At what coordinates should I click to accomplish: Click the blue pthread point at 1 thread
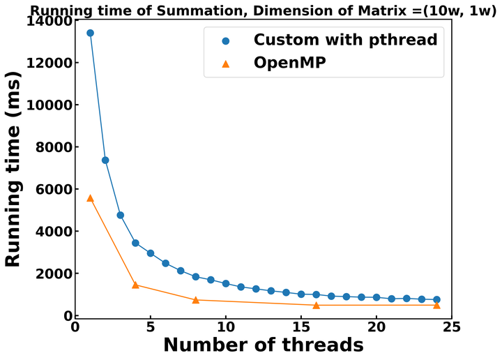click(90, 33)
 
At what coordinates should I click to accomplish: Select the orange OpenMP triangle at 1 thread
click(90, 198)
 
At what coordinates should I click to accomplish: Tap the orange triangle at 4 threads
click(135, 285)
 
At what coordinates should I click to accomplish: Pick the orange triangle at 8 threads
click(196, 300)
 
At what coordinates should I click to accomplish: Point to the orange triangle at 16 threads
click(317, 305)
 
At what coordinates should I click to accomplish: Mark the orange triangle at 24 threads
click(437, 305)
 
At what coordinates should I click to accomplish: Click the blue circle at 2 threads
click(105, 160)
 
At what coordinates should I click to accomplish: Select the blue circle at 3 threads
click(121, 215)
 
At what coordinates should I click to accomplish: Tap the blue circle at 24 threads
click(437, 299)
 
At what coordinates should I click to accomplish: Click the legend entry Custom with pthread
click(345, 40)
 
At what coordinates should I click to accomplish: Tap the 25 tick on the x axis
click(452, 327)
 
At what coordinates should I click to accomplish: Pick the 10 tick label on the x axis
click(225, 327)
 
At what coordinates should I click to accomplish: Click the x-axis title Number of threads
click(263, 345)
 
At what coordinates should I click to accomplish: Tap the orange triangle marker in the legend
click(225, 63)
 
